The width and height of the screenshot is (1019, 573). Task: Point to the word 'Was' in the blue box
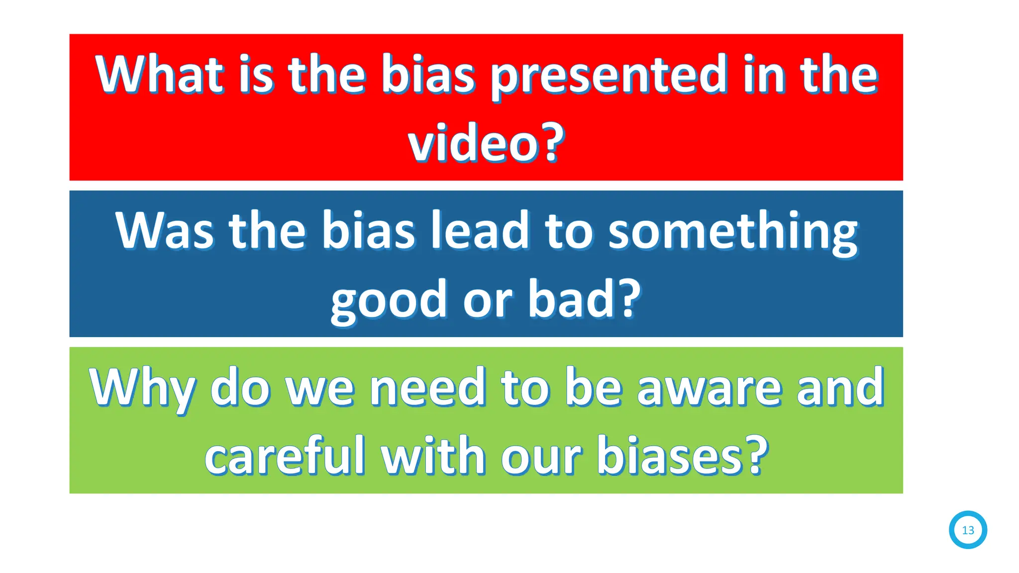[164, 231]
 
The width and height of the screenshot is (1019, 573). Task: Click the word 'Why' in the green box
[142, 388]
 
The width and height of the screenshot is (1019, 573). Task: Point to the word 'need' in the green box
[427, 388]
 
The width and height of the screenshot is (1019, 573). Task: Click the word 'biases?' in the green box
[682, 456]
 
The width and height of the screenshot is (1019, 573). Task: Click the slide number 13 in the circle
[968, 530]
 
